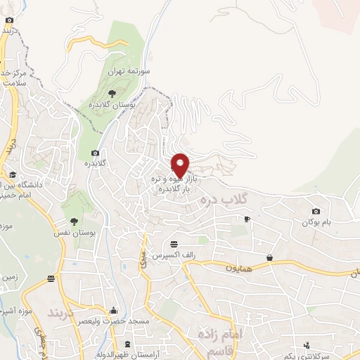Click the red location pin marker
pos(181,165)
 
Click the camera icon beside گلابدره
pos(95,153)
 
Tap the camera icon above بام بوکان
pos(316,211)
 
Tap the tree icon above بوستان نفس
pos(74,204)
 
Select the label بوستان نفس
pos(74,231)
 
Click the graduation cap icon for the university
pos(13,175)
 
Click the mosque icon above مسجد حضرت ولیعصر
pos(114,309)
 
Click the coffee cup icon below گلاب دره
pos(246,219)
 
